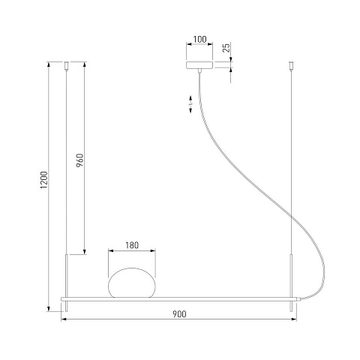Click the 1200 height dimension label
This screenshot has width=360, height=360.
(44, 180)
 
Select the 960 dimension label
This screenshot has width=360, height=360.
(79, 160)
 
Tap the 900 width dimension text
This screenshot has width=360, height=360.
(179, 314)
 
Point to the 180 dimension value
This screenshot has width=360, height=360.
(132, 245)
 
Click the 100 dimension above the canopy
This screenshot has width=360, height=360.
(200, 39)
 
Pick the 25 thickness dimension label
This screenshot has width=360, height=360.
(226, 47)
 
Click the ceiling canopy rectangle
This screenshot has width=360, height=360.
(199, 64)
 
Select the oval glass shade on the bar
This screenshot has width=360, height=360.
(132, 283)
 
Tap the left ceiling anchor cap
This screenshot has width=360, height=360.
(67, 65)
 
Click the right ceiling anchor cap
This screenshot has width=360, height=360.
(291, 65)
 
